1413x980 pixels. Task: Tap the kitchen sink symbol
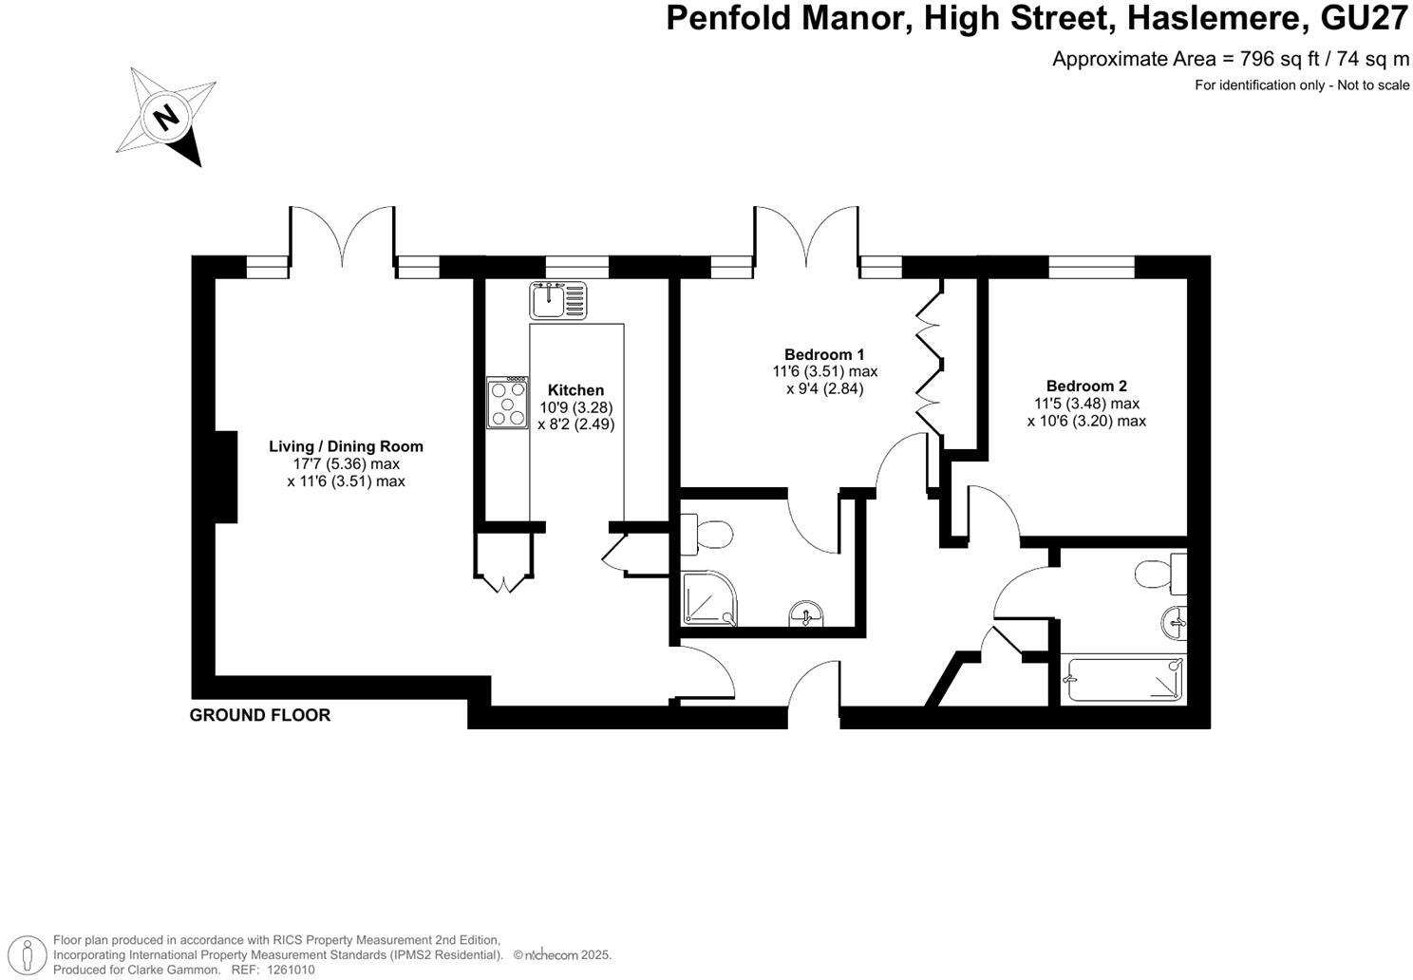coord(559,300)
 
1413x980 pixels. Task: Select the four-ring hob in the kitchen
coord(508,403)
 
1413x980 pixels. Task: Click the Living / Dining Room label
coord(346,446)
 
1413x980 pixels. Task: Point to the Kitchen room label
coord(575,390)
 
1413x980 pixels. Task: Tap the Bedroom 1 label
coord(823,354)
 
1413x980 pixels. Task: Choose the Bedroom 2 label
coord(1086,386)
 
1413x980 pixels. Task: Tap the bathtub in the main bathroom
coord(1124,680)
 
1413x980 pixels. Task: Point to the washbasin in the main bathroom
coord(1175,624)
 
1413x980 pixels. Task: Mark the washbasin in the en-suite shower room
coord(806,616)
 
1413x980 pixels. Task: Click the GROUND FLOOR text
coord(260,715)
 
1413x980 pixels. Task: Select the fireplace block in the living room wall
coord(225,477)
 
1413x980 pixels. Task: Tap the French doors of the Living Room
coord(342,237)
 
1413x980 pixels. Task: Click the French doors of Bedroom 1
coord(807,237)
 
